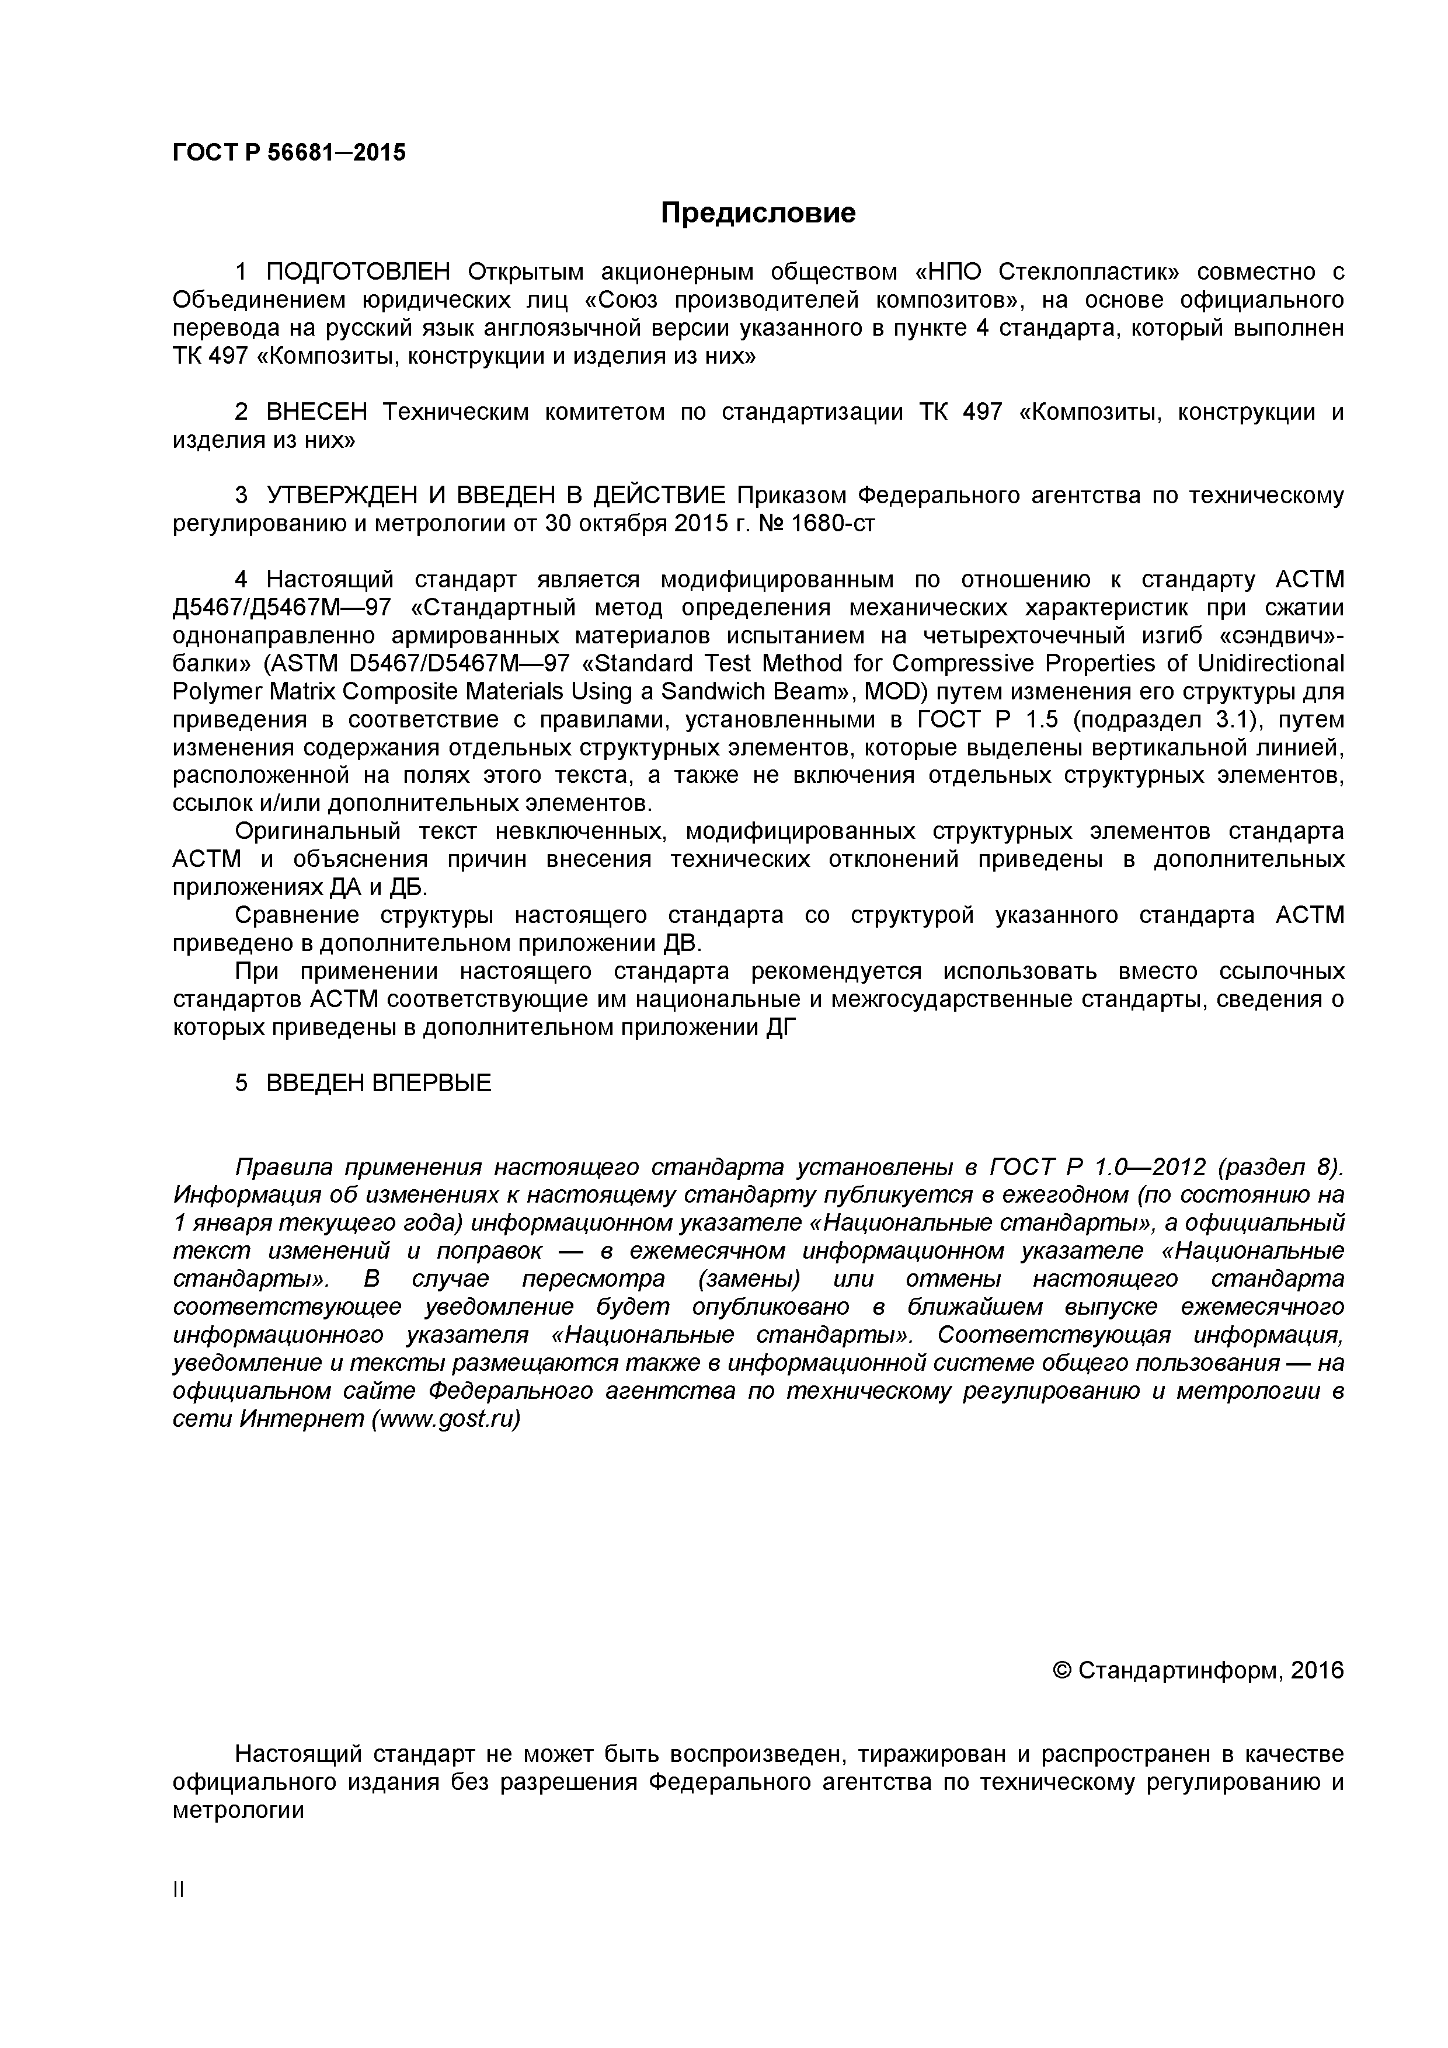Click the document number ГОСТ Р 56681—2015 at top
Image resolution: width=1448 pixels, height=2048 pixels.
[x=288, y=152]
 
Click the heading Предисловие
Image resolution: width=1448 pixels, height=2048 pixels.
[x=757, y=213]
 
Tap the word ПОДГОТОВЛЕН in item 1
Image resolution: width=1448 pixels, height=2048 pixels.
[x=360, y=271]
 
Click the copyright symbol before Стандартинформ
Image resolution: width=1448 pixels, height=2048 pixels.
[x=1063, y=1670]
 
